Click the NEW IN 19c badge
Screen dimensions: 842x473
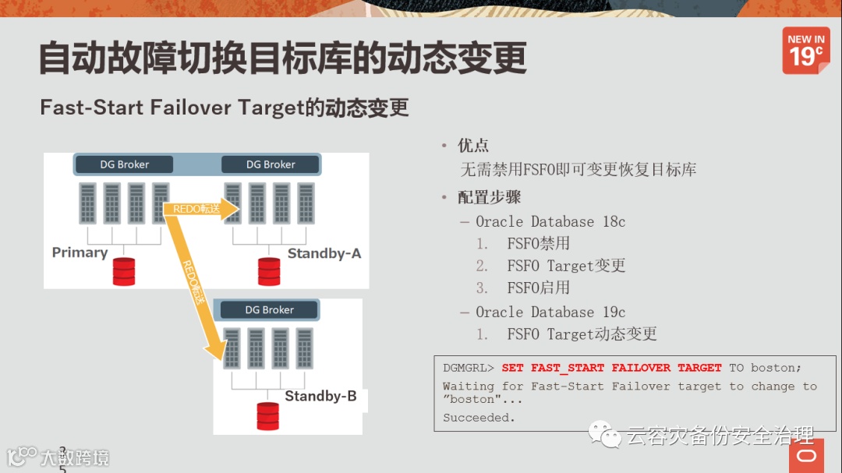tap(805, 50)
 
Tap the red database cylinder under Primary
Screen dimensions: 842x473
tap(124, 271)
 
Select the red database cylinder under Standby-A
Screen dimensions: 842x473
tap(269, 271)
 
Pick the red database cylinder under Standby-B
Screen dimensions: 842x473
tap(268, 416)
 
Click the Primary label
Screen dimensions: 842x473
tap(80, 252)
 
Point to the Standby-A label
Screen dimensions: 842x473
tap(324, 253)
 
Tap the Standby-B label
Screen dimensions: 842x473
tap(320, 396)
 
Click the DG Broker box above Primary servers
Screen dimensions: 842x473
tap(125, 164)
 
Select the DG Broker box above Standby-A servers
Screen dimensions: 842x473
tap(271, 164)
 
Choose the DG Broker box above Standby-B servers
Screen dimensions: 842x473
tap(270, 309)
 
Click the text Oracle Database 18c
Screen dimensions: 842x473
tap(550, 222)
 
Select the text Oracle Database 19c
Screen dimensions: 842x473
tap(550, 312)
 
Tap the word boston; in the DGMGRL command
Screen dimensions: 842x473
tap(776, 368)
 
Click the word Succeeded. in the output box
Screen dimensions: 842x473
tap(479, 418)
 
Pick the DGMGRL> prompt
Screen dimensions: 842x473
tap(469, 368)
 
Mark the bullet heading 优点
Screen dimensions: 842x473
tap(473, 146)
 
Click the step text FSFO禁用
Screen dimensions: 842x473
tap(538, 244)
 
